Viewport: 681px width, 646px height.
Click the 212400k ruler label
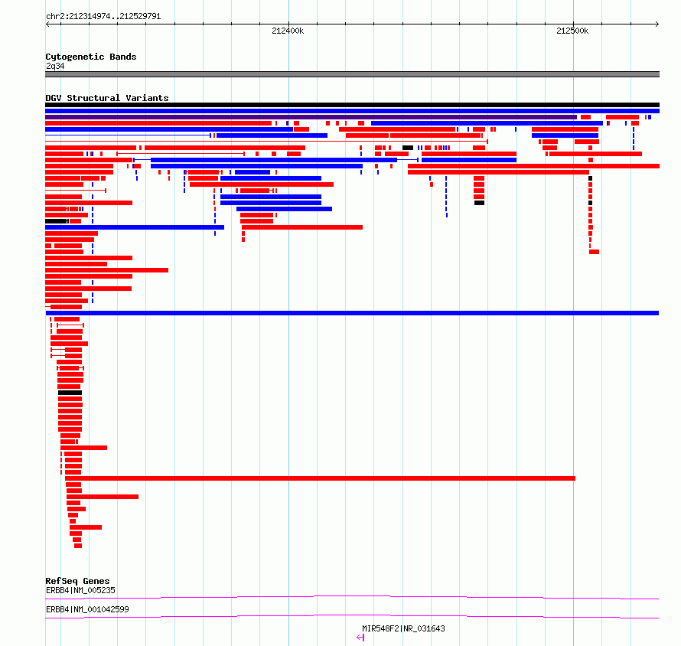click(x=288, y=31)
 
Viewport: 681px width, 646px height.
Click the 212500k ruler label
click(x=572, y=31)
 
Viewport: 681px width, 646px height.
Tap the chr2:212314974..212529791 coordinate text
click(x=103, y=17)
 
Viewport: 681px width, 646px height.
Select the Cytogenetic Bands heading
click(x=91, y=57)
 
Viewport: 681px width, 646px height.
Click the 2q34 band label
click(x=55, y=66)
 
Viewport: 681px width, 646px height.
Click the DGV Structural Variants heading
click(x=107, y=98)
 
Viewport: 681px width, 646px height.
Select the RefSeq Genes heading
click(x=78, y=581)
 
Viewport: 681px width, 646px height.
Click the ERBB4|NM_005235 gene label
click(x=81, y=590)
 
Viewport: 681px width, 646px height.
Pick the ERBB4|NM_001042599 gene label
click(x=87, y=609)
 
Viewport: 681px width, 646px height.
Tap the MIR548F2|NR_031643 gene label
click(x=403, y=628)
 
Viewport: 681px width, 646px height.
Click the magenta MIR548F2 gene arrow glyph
click(x=360, y=638)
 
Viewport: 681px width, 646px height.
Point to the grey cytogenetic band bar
click(x=352, y=74)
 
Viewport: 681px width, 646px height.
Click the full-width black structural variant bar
click(x=352, y=105)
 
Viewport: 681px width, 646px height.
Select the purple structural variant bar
click(x=311, y=117)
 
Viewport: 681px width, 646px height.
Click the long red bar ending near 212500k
click(x=320, y=478)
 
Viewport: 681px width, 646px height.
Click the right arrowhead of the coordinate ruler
click(x=657, y=24)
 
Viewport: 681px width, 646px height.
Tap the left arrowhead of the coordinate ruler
click(x=47, y=24)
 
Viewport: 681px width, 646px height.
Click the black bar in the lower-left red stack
click(x=70, y=393)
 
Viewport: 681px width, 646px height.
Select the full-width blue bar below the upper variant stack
click(x=352, y=313)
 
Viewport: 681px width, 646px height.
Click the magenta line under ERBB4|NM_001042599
click(x=352, y=616)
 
